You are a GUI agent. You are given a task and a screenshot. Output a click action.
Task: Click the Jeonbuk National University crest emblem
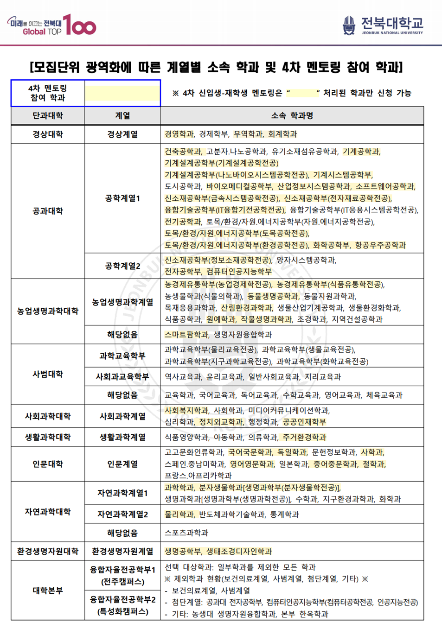349,25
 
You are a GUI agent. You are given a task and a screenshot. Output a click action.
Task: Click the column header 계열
122,116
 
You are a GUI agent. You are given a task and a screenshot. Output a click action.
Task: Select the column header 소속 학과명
292,116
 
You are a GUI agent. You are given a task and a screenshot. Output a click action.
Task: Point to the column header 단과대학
48,116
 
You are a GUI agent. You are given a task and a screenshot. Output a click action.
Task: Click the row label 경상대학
48,134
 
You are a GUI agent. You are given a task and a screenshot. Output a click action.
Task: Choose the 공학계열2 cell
122,266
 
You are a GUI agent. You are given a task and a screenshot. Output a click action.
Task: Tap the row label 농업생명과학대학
48,311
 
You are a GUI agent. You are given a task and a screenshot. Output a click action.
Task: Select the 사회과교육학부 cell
122,377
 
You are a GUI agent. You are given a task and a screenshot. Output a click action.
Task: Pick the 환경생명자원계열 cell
122,552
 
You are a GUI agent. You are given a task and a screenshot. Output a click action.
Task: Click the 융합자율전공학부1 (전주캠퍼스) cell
122,575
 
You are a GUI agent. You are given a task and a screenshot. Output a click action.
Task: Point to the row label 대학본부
48,591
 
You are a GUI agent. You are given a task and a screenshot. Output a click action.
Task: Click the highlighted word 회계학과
282,134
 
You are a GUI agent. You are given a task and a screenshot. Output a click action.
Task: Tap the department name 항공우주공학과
380,245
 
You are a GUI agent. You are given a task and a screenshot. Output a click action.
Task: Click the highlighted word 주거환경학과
304,437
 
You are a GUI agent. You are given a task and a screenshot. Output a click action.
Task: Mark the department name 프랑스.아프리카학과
198,476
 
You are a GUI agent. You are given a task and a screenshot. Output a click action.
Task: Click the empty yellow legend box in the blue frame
122,93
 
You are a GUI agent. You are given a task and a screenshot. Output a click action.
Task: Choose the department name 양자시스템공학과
307,260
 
